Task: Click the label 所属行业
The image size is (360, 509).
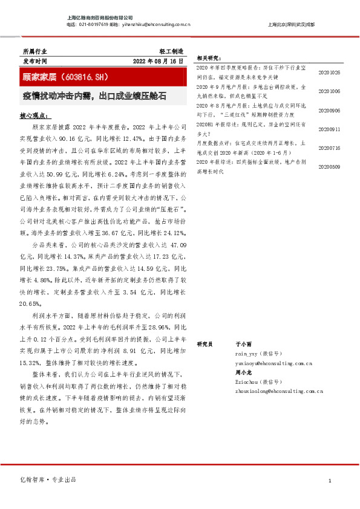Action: tap(34, 53)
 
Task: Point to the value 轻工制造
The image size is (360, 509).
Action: tap(171, 53)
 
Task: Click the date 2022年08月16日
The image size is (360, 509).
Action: tap(157, 62)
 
